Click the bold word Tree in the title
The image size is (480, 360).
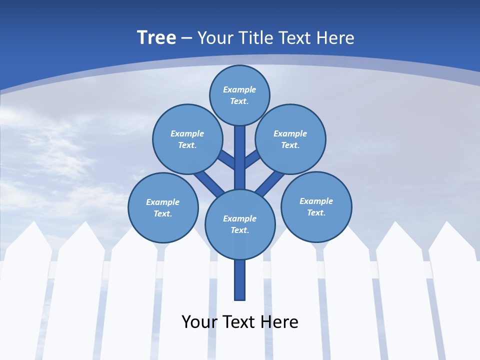coord(156,37)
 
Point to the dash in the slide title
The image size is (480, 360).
coord(186,38)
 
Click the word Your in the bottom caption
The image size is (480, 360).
coord(200,321)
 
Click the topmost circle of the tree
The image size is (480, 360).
coord(239,95)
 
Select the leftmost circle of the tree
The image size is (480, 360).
coord(163,207)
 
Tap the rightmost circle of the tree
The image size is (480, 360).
coord(316,206)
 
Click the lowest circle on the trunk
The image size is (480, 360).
coord(240,224)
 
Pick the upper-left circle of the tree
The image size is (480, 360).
coord(187,139)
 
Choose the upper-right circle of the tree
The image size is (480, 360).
coord(290,139)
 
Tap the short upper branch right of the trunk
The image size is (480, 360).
coord(252,158)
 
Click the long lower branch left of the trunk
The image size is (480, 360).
coord(209,183)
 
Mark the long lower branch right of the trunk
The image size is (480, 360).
coord(270,183)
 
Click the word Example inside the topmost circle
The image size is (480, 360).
coord(239,90)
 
